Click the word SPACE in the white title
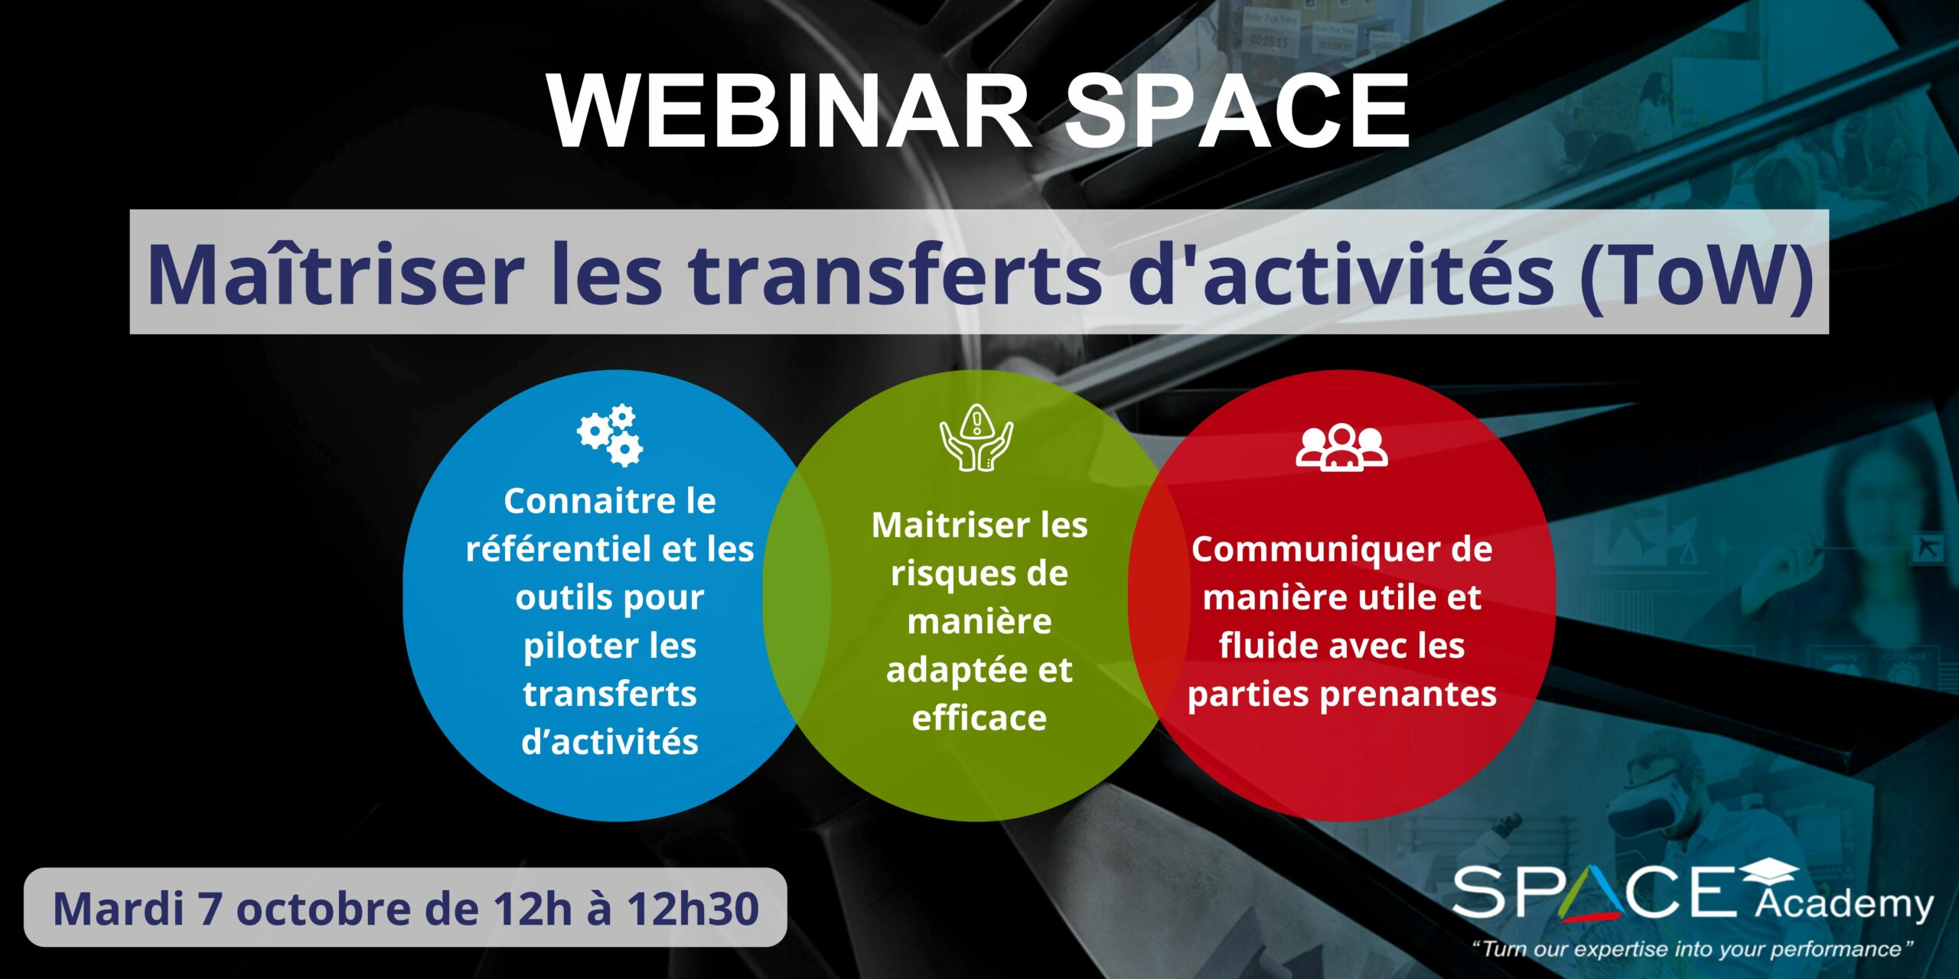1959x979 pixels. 1237,112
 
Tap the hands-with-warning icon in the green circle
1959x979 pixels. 976,437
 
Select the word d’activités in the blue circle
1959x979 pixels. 610,741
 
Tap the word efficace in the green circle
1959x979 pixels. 979,717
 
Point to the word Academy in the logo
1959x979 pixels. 1844,905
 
